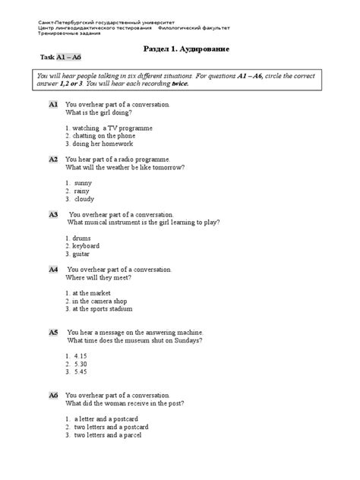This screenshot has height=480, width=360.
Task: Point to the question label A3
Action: click(x=53, y=214)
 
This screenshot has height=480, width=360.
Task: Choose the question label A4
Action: click(x=53, y=270)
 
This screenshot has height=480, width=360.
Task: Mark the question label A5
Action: click(x=53, y=333)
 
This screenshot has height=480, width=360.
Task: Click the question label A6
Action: click(x=53, y=396)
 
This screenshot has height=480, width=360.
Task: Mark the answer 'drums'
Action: click(x=81, y=238)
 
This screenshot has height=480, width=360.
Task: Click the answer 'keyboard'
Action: click(x=86, y=246)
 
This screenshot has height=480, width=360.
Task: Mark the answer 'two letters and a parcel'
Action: click(x=114, y=435)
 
